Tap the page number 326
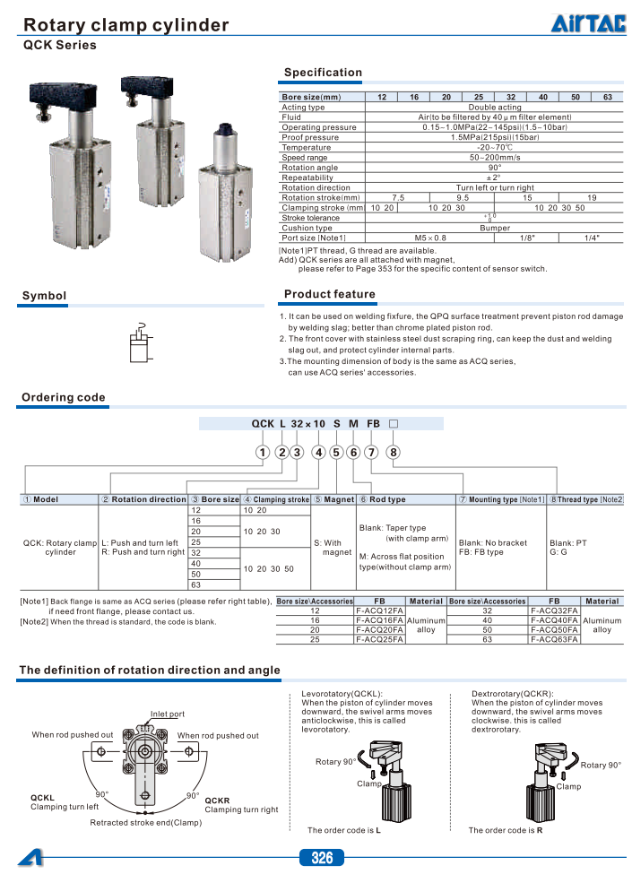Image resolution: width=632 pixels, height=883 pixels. click(x=322, y=859)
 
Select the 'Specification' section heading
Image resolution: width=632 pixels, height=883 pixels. click(x=323, y=73)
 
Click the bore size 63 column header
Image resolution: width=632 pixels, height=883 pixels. click(x=607, y=97)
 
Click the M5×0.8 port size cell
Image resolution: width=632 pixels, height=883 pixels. click(x=427, y=238)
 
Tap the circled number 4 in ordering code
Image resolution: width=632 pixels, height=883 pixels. click(x=318, y=452)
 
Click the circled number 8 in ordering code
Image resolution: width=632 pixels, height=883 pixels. click(x=393, y=452)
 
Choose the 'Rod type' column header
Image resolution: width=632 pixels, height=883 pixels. click(x=386, y=499)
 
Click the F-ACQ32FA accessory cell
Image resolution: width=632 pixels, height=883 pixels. click(x=554, y=610)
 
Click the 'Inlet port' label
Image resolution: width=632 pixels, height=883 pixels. click(x=167, y=714)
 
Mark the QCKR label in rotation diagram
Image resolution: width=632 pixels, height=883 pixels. click(x=218, y=800)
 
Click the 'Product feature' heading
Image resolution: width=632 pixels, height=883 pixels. click(x=329, y=294)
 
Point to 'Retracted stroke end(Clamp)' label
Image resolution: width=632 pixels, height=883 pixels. click(x=146, y=823)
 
